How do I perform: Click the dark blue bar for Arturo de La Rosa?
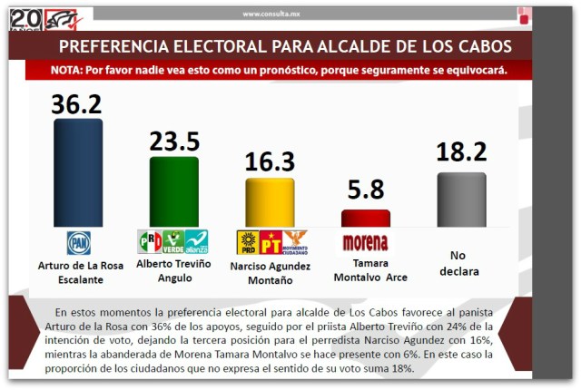click(78, 172)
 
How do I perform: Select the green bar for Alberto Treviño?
click(173, 190)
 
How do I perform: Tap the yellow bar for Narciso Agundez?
click(270, 201)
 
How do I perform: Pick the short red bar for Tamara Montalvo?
click(366, 218)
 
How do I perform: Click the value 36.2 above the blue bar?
click(78, 103)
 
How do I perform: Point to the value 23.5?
click(173, 141)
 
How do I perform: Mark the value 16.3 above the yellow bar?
click(270, 162)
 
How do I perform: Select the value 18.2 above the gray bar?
click(461, 152)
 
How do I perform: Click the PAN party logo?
click(79, 242)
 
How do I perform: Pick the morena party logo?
click(366, 242)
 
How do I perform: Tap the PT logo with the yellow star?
click(271, 242)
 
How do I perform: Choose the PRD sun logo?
click(247, 242)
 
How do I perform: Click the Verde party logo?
click(173, 241)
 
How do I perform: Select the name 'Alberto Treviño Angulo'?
click(173, 270)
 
